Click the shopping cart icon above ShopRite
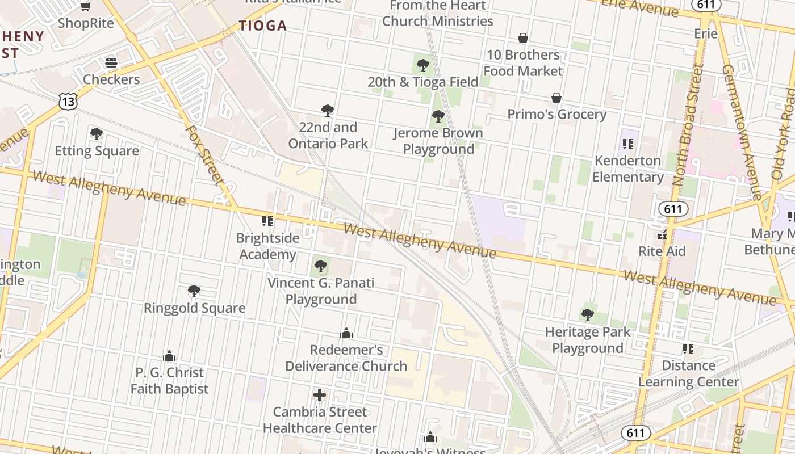tap(85, 6)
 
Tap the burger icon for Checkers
tap(111, 62)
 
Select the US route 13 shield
tap(68, 102)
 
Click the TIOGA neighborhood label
tap(262, 26)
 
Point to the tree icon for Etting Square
tap(97, 134)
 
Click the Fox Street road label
tap(206, 154)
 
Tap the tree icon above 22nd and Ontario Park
tap(327, 110)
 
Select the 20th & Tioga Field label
tap(423, 82)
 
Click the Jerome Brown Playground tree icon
tap(438, 116)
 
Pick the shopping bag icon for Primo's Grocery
tap(556, 98)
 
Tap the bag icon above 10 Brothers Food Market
tap(522, 38)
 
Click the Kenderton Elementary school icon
tap(627, 144)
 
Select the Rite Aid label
tap(662, 251)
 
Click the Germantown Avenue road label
tap(742, 132)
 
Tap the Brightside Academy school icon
tap(267, 221)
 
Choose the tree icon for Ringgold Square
tap(194, 291)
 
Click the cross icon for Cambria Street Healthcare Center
tap(320, 395)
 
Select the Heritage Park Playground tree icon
tap(588, 314)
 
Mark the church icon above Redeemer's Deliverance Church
tap(346, 333)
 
